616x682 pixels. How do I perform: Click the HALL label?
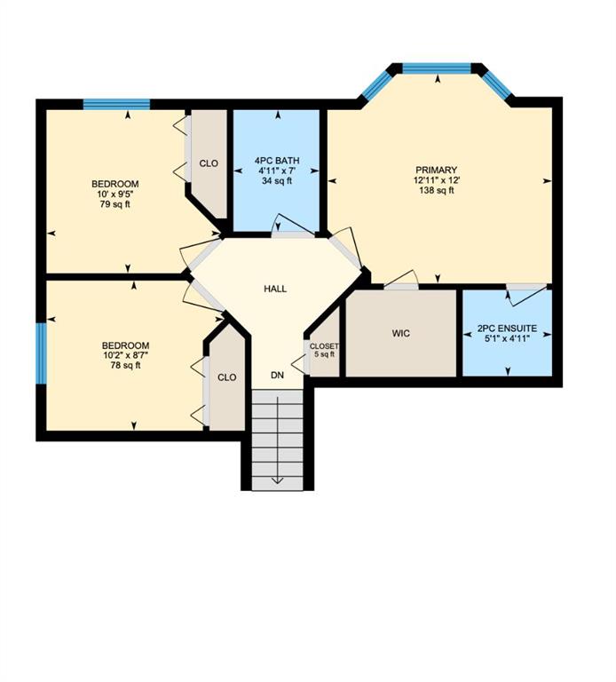pos(275,289)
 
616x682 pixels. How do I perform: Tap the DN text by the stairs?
pos(277,375)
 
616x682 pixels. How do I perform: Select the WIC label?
pos(401,334)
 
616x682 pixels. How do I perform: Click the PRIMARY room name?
pos(437,170)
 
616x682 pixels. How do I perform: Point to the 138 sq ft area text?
pos(437,191)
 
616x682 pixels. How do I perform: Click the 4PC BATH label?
pos(277,161)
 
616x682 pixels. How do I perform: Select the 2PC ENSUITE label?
pos(507,329)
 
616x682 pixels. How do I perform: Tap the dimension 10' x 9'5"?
pos(115,194)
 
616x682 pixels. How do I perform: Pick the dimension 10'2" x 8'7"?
pos(126,355)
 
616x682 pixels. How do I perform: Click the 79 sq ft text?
pos(115,204)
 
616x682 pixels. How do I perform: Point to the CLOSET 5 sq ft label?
pos(324,350)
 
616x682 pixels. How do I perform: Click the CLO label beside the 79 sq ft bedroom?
pos(209,163)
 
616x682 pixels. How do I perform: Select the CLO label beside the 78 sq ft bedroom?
pos(227,377)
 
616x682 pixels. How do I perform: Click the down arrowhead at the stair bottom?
pos(277,480)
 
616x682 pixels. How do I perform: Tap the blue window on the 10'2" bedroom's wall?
pos(41,353)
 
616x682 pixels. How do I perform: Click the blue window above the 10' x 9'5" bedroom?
pos(116,105)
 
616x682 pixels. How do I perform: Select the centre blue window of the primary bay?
pos(437,68)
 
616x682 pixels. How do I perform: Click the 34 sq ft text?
pos(277,181)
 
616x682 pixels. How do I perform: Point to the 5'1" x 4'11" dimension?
pos(508,338)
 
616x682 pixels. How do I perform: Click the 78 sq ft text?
pos(126,365)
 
